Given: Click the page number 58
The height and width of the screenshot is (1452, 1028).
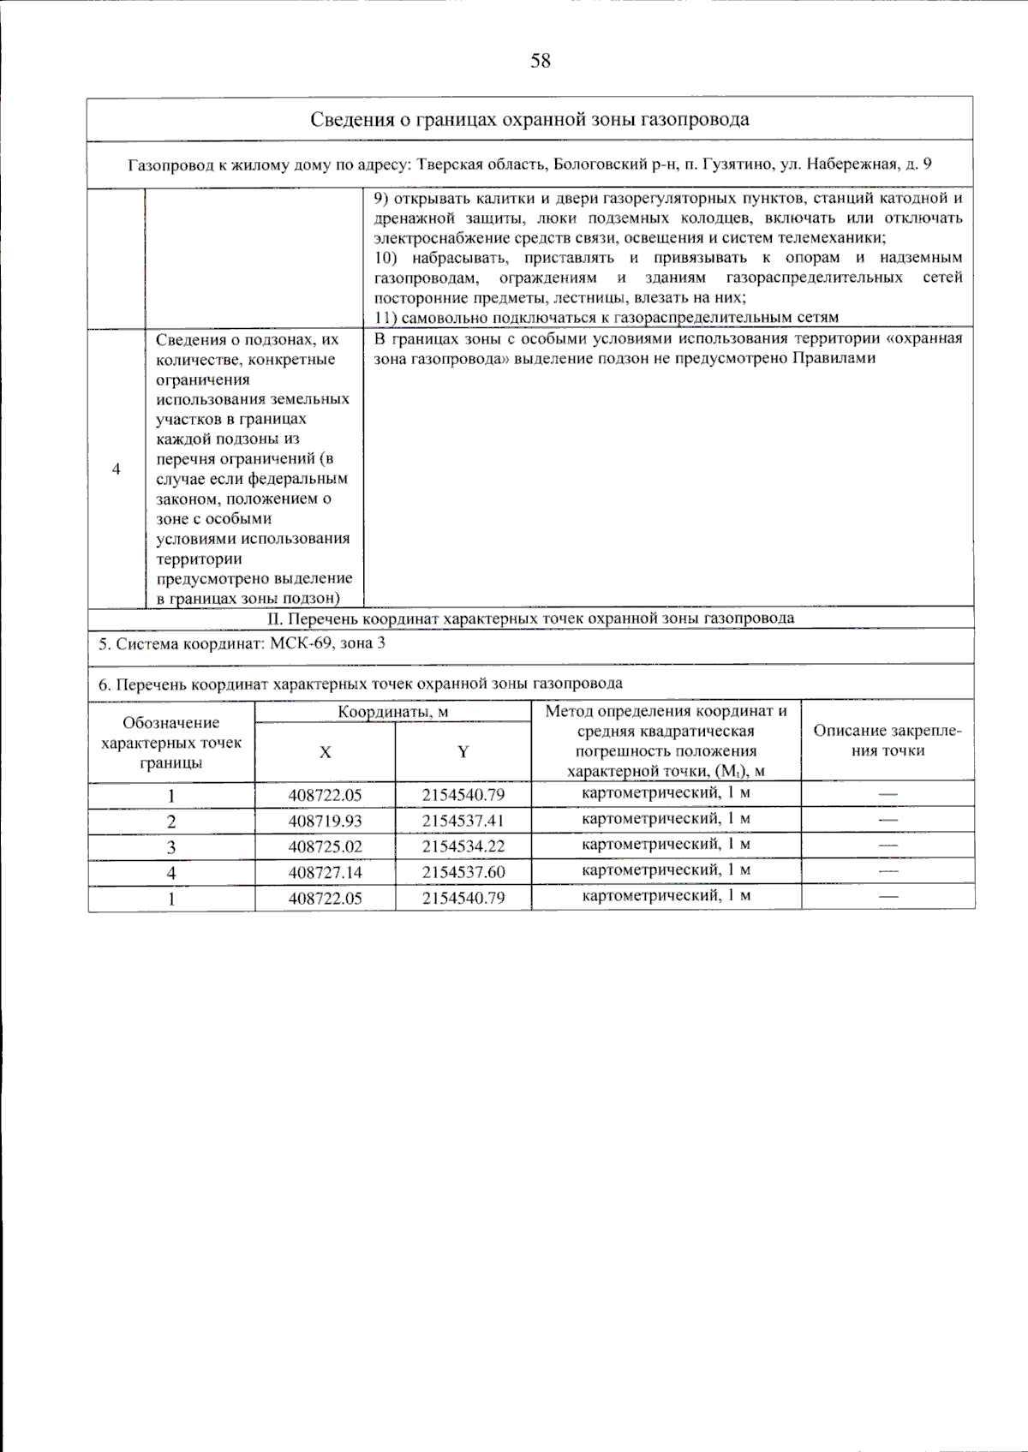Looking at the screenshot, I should (541, 61).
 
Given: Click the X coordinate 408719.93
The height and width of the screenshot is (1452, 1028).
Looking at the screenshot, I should (325, 821).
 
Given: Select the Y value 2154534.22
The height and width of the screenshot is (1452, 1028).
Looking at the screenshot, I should (463, 846).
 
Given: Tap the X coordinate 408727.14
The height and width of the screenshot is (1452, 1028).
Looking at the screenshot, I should (325, 872).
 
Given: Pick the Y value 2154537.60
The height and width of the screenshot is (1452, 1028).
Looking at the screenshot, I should (463, 872).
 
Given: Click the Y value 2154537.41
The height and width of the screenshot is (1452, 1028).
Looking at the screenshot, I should (463, 821).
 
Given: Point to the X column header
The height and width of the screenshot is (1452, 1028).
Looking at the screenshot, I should (325, 752).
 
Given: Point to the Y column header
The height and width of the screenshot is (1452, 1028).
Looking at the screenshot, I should (463, 752).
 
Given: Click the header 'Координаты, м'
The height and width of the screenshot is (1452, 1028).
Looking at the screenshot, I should (392, 712).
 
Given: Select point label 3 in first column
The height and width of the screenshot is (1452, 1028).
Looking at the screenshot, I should (171, 847).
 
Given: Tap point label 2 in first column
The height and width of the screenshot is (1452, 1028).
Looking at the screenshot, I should (171, 822).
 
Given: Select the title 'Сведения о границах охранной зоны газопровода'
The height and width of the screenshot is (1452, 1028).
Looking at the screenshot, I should (529, 119).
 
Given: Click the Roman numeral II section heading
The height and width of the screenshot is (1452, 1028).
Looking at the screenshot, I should (530, 618).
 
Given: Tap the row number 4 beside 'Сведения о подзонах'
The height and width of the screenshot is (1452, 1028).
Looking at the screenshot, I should (117, 469).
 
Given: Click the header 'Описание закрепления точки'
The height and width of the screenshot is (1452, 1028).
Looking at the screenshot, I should (888, 741).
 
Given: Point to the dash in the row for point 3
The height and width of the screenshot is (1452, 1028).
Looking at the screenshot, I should (888, 846).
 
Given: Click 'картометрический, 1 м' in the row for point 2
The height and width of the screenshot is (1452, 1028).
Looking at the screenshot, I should (666, 819).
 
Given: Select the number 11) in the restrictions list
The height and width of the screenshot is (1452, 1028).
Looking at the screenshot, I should (385, 318).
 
